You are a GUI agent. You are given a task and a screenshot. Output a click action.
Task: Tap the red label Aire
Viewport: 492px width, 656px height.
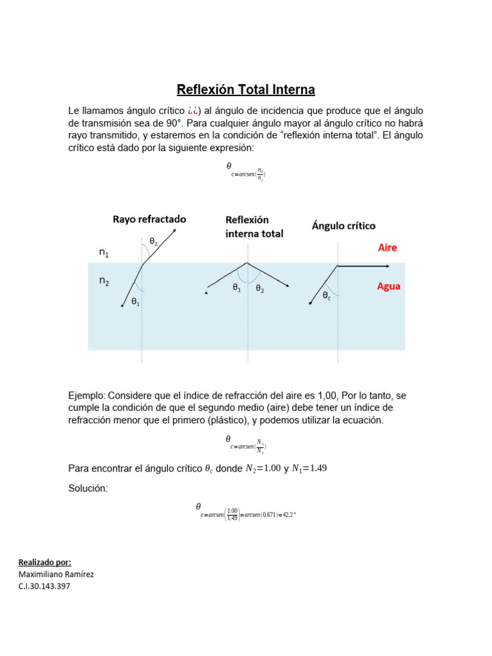coord(387,247)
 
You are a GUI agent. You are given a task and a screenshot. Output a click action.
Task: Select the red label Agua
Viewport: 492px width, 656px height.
coord(388,286)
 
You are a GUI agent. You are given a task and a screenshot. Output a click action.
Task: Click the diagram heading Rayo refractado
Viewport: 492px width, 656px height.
coord(149,219)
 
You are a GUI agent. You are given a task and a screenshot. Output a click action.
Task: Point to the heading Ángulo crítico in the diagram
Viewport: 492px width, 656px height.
coord(343,225)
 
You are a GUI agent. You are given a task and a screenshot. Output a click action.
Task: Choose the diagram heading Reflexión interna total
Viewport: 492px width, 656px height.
coord(254,227)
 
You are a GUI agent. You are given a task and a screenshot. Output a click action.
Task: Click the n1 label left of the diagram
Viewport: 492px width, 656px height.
coord(104,253)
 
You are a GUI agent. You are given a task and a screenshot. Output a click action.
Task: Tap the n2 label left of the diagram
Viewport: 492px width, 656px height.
coord(104,280)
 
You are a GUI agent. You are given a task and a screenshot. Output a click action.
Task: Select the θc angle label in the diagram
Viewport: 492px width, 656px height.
coord(327,295)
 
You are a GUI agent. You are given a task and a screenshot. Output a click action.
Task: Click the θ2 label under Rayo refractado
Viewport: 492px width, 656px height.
coord(154,242)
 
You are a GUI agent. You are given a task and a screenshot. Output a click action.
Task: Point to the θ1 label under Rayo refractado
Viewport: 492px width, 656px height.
coord(136,302)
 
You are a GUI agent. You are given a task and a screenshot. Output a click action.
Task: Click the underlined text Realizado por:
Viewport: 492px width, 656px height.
coord(45,562)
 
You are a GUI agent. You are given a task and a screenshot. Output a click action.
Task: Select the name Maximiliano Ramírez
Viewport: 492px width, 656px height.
coord(56,574)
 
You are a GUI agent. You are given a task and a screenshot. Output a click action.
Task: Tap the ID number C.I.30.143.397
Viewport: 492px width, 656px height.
coord(45,586)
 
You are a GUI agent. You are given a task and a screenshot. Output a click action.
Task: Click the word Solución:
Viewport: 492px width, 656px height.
coord(88,489)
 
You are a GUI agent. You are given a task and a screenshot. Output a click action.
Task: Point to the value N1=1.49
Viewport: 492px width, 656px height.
coord(309,468)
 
